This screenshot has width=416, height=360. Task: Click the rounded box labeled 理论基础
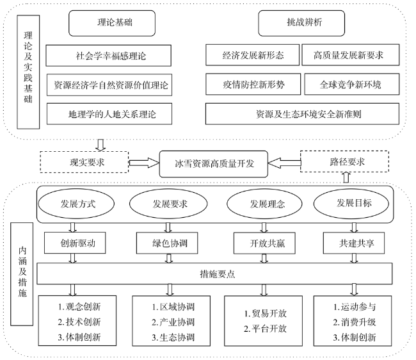[x=112, y=23]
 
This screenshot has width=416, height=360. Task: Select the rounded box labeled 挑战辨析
[x=301, y=23]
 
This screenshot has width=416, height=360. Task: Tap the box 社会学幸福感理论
[x=109, y=56]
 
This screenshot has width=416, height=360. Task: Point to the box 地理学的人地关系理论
[x=109, y=114]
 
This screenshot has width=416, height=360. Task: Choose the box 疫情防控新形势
[x=253, y=84]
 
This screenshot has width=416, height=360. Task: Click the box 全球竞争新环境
[x=352, y=84]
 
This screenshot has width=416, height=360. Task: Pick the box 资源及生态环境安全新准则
[x=303, y=114]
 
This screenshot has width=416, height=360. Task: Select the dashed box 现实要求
[x=84, y=162]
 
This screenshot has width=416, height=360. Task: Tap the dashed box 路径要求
[x=344, y=161]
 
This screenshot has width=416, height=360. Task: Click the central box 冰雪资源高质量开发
[x=214, y=164]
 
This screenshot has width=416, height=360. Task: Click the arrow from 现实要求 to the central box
[x=144, y=163]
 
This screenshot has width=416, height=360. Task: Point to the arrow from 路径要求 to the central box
[x=284, y=163]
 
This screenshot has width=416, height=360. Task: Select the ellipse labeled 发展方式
[x=76, y=204]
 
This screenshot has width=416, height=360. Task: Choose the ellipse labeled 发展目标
[x=351, y=204]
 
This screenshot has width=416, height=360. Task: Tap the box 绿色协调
[x=167, y=243]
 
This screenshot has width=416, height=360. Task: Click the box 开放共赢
[x=264, y=243]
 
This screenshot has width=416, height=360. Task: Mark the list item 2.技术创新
[x=79, y=322]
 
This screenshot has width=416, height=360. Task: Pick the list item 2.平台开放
[x=266, y=329]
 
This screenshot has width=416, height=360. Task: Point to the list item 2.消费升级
[x=355, y=322]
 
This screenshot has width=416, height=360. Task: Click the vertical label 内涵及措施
[x=22, y=274]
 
